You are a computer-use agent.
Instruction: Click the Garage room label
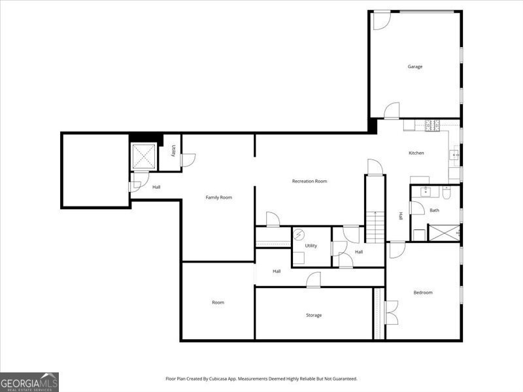415,67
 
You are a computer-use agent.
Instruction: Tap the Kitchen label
416,153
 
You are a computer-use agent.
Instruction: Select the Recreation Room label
309,182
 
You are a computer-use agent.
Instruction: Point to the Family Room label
219,197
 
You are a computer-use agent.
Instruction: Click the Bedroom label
423,293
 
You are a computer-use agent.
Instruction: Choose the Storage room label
314,315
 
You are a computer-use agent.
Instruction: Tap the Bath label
434,210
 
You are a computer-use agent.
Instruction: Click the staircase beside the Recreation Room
375,227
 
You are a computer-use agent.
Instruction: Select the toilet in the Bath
447,193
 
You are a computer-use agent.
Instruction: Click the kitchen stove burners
432,125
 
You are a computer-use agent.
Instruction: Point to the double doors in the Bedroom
392,312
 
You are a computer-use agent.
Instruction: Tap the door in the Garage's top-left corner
382,21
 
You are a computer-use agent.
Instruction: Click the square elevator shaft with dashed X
144,156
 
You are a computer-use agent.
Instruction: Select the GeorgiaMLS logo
29,382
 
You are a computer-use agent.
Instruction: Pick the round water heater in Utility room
299,235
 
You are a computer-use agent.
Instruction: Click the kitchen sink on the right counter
454,155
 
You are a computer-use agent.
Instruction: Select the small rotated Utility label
173,150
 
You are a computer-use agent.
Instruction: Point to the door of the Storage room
314,280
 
